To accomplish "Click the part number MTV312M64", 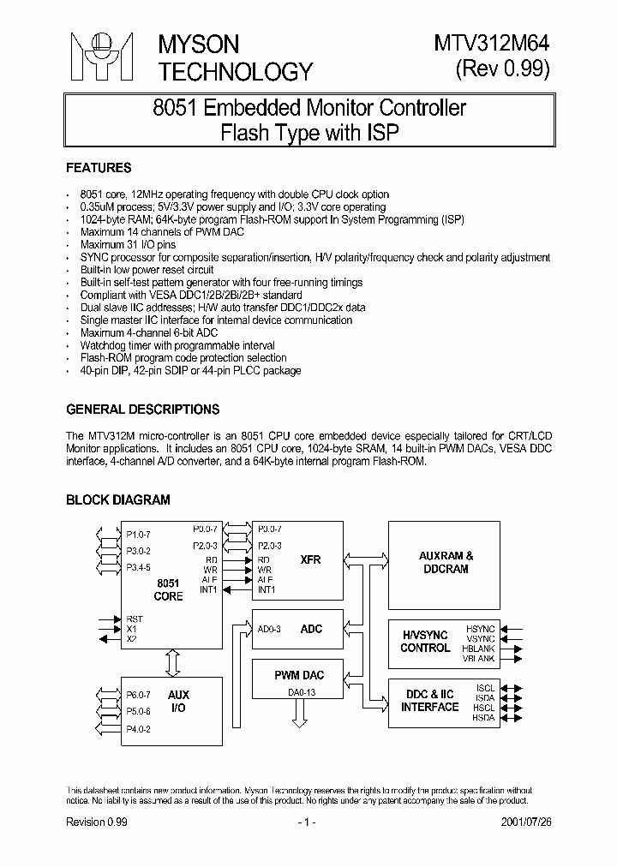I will [495, 43].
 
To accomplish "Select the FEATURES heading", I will [99, 168].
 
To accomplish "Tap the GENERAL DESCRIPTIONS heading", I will [142, 410].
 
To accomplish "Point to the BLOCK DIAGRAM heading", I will [117, 499].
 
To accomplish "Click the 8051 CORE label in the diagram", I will [168, 589].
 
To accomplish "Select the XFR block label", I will [310, 559].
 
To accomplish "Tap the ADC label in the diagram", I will [312, 629].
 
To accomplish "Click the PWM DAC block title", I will [298, 676].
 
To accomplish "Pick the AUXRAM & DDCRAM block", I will [446, 562].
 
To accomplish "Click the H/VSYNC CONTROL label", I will [425, 641].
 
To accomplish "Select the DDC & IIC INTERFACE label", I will [430, 700].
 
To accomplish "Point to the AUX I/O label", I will [178, 702].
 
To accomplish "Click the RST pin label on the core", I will [135, 619].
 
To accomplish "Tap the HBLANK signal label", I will [482, 649].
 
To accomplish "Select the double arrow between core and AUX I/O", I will [171, 663].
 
